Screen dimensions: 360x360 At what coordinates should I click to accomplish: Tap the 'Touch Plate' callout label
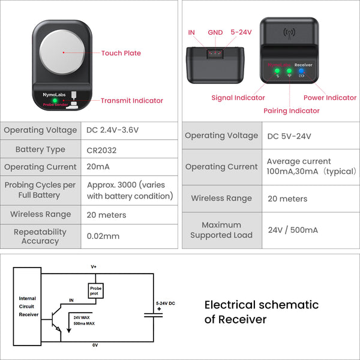coord(121,53)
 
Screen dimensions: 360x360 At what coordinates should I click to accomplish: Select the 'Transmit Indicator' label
coord(131,101)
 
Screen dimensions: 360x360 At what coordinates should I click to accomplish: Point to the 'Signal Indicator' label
coord(238,98)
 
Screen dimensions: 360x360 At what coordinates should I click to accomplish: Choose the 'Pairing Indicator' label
coord(292,110)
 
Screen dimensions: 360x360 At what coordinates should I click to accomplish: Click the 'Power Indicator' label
coord(329,98)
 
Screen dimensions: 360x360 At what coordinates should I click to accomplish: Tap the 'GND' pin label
coord(215,32)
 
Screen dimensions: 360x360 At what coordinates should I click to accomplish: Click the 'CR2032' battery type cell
coord(103,149)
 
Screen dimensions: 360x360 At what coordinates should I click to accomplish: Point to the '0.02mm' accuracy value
coord(103,236)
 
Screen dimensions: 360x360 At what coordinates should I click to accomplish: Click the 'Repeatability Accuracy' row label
coord(40,236)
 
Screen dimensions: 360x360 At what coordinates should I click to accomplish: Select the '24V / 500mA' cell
coord(292,230)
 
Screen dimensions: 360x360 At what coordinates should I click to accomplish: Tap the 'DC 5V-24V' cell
coord(289,136)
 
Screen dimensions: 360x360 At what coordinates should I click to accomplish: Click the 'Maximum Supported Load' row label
coord(221,230)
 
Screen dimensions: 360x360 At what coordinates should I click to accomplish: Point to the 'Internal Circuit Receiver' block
coord(28,306)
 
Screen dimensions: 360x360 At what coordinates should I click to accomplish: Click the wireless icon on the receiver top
coord(289,32)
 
